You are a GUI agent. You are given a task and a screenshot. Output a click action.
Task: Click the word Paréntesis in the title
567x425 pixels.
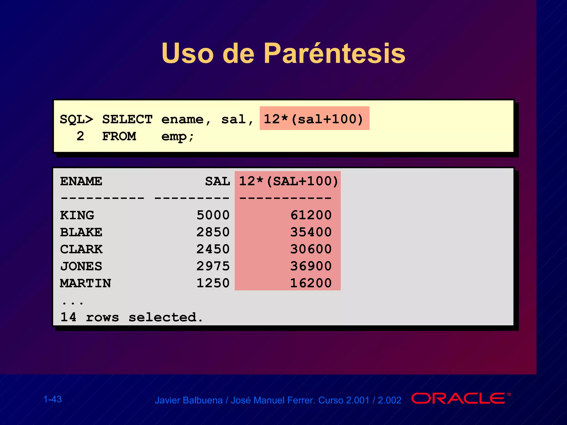pos(334,53)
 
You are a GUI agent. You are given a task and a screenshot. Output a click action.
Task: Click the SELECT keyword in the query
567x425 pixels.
pos(127,120)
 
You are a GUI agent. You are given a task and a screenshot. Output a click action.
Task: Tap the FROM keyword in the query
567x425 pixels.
pos(119,136)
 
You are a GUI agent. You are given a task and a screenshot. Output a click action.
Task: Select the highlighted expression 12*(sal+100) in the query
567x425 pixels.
pos(314,119)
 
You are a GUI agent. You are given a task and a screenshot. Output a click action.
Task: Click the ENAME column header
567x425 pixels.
pos(81,182)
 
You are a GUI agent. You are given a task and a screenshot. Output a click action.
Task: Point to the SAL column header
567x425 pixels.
pos(217,182)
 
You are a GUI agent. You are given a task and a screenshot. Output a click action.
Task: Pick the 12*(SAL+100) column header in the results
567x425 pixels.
pos(288,182)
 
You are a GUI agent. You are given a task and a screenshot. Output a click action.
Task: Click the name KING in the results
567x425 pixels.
pos(77,215)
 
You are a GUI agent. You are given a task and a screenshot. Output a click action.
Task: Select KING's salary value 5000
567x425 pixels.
pos(213,215)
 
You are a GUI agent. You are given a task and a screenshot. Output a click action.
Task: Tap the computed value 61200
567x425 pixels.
pos(311,215)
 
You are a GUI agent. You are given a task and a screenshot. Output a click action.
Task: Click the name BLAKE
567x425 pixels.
pos(81,232)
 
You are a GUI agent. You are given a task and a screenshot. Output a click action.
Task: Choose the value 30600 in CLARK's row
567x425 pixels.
pos(311,249)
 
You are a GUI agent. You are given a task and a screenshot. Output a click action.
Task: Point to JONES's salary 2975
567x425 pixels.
pos(213,266)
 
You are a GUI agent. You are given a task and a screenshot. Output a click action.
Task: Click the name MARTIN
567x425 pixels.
pos(85,283)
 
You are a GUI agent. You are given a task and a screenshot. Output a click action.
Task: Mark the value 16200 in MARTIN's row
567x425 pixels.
pos(311,283)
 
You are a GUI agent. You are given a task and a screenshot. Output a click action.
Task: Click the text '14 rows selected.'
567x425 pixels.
pos(132,317)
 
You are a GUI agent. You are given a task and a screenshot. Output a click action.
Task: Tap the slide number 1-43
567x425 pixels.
pos(53,399)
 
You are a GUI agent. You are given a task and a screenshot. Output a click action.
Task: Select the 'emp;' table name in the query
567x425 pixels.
pos(177,136)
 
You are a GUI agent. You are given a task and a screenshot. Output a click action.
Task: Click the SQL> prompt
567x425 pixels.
pos(76,120)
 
